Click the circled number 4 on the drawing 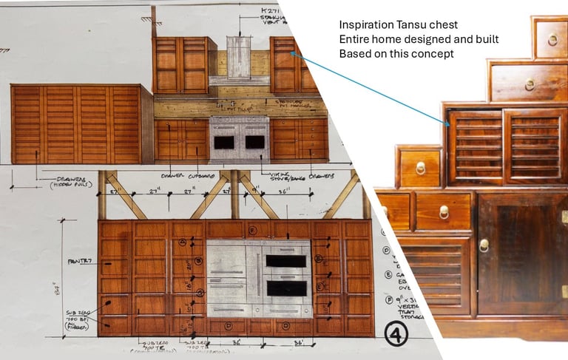coord(396,336)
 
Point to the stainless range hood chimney coord(239,56)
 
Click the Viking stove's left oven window coord(224,142)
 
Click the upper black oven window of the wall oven coord(286,261)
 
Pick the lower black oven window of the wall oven coord(286,288)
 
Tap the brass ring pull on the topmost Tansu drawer coord(552,40)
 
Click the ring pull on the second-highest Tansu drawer coord(530,84)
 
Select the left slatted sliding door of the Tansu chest coord(476,146)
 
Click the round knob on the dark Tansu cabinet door coord(484,245)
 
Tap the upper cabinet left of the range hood coord(181,64)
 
